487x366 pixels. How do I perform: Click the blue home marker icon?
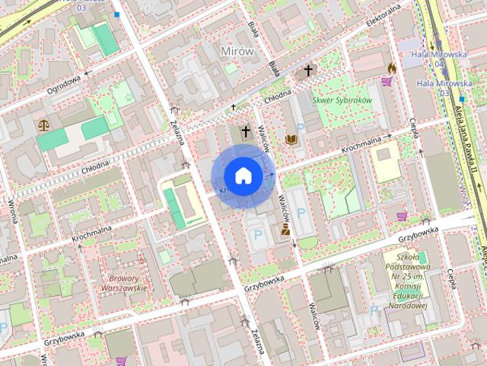[243, 175]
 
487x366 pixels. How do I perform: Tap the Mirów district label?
[236, 50]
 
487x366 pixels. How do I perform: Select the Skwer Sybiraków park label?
[341, 100]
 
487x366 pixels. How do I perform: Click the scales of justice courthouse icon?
[43, 124]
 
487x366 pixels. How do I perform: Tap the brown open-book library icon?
[291, 139]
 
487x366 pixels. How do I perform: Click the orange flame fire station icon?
[392, 68]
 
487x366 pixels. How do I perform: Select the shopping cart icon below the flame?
[387, 82]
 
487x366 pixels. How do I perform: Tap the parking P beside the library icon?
[300, 128]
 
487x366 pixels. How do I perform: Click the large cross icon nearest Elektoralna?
[308, 72]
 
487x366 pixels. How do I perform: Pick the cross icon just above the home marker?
[246, 131]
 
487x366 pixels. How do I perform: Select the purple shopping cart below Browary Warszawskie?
[120, 361]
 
